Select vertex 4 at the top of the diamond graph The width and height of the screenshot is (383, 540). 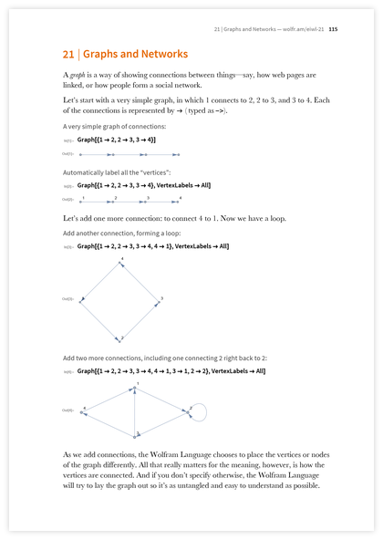(122, 264)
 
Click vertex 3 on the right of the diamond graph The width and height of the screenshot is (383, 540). (158, 299)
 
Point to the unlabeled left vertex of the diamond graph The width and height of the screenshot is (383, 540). (84, 299)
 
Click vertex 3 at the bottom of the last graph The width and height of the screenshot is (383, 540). (136, 434)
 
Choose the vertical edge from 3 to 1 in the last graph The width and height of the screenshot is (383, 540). (136, 410)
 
